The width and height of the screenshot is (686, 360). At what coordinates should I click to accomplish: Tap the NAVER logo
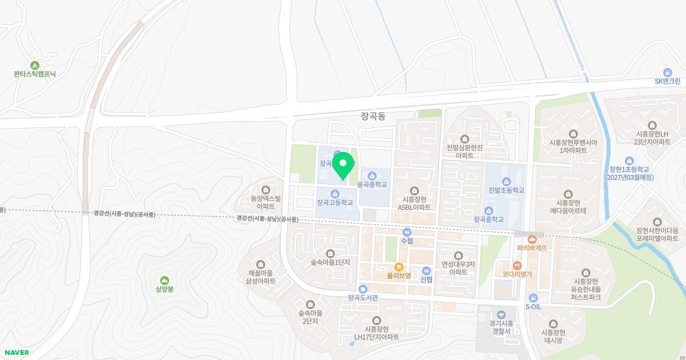click(17, 353)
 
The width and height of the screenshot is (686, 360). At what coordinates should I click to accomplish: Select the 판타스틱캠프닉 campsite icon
click(35, 65)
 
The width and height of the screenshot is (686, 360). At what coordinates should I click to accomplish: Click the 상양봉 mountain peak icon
click(165, 280)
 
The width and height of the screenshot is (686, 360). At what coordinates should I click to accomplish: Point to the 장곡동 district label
click(373, 116)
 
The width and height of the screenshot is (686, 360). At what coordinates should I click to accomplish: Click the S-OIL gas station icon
click(533, 298)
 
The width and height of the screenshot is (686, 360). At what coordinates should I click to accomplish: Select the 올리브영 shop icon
click(399, 267)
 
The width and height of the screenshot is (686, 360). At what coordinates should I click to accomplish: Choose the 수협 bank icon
click(406, 232)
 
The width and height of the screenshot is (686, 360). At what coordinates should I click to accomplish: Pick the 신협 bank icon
click(426, 271)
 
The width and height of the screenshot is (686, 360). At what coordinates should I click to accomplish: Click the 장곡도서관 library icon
click(363, 289)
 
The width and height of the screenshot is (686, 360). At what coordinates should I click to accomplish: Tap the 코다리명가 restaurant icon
click(517, 266)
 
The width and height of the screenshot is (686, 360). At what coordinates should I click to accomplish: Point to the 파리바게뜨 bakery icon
click(532, 239)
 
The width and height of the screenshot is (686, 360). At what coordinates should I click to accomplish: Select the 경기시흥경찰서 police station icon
click(501, 314)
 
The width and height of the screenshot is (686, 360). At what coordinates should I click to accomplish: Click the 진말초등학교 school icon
click(506, 182)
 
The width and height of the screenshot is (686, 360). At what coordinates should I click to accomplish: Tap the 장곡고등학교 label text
click(335, 203)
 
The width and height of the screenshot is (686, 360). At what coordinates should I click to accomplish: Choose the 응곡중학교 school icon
click(372, 176)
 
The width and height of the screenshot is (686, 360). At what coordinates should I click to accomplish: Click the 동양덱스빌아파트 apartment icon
click(265, 190)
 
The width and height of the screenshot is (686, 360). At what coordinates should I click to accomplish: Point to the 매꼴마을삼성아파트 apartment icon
click(261, 264)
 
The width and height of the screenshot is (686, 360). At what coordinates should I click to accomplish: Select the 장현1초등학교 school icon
click(629, 161)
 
